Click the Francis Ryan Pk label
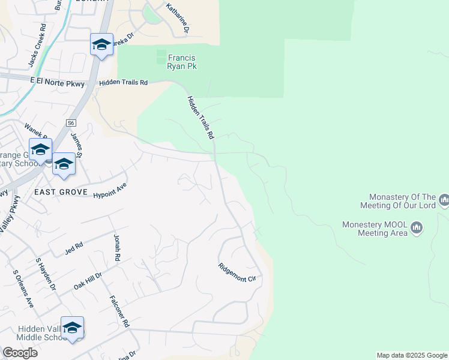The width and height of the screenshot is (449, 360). [182, 62]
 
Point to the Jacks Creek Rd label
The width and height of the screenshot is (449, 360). [37, 46]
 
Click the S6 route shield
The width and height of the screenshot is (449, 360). [71, 122]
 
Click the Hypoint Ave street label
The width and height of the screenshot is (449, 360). [110, 191]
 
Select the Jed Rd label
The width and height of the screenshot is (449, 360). [75, 247]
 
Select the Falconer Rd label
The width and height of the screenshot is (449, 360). [120, 311]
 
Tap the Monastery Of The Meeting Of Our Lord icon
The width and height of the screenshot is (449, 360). [444, 199]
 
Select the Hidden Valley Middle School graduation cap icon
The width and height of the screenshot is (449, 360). [72, 328]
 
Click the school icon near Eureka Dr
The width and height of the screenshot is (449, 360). [101, 44]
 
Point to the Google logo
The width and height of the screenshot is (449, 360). [20, 353]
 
